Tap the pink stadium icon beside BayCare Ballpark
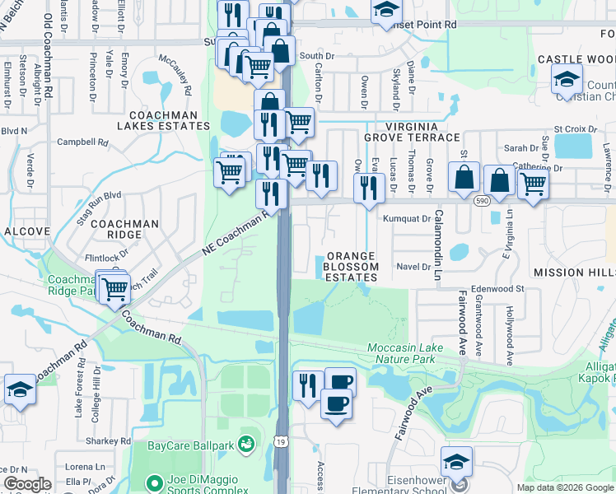245,445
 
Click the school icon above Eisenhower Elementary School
455,460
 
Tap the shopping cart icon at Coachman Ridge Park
114,288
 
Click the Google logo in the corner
27,484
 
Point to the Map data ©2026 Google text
565,487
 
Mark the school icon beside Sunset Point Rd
385,11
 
